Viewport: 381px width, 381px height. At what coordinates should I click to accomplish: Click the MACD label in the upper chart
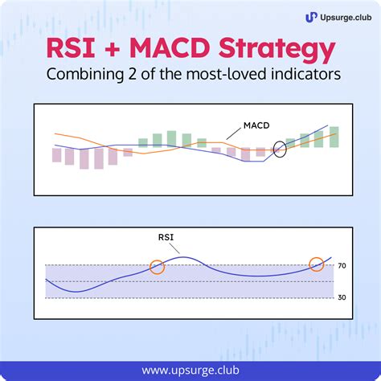pos(256,126)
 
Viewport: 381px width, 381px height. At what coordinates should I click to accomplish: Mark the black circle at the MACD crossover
pos(281,149)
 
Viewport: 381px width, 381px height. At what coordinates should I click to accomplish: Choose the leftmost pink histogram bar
pos(56,154)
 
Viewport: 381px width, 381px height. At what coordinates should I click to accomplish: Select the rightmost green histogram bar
pos(334,137)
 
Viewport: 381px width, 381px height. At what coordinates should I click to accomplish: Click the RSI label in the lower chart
pos(166,237)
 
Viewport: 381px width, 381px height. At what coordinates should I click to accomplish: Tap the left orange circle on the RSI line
pos(158,266)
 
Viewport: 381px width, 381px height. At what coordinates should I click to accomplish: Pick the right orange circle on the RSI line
pos(317,264)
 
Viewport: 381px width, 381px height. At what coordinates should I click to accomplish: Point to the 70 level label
pos(342,265)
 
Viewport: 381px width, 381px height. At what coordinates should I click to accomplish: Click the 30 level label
pos(342,297)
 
